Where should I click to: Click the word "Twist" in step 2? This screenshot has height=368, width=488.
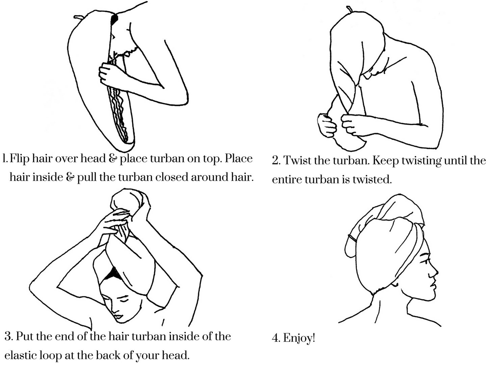[x=298, y=160]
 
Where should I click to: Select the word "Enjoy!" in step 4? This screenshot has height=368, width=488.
[x=299, y=338]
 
